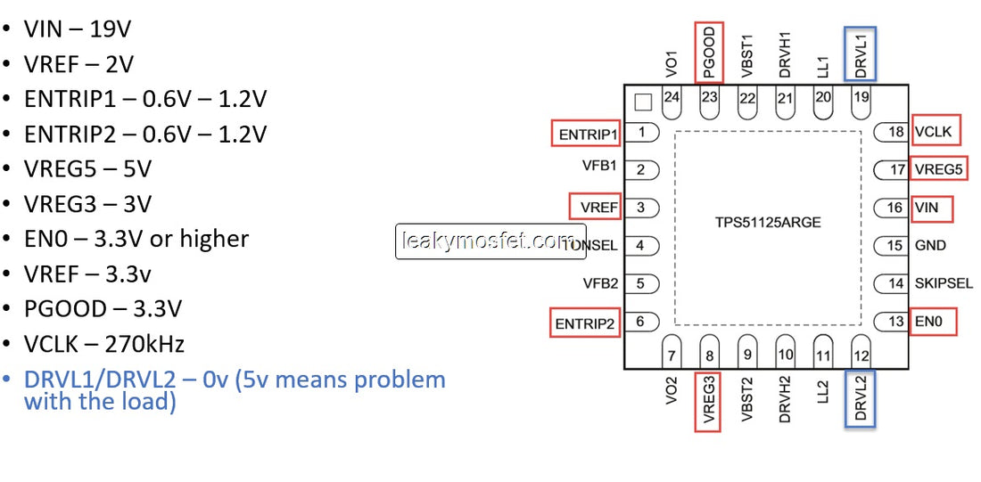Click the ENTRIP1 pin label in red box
coord(586,135)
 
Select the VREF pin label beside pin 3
coord(595,208)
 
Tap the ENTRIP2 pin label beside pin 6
coord(585,323)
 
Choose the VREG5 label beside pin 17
coord(939,169)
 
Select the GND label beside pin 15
coord(930,245)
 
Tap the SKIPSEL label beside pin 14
coord(944,283)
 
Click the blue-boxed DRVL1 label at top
coord(861,53)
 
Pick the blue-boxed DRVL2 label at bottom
coord(861,397)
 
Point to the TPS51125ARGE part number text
coord(767,222)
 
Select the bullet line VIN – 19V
coord(78,29)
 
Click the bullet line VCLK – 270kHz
coord(104,344)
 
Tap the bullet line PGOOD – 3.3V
coord(103,309)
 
